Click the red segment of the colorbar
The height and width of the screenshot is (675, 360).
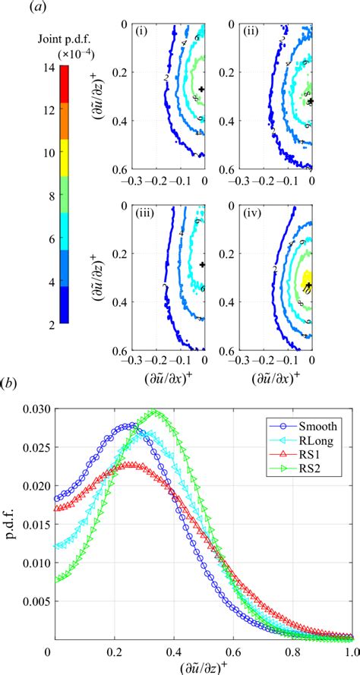click(x=65, y=84)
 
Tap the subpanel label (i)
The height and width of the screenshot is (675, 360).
click(x=140, y=34)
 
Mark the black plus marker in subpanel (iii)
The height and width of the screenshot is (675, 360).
click(x=202, y=264)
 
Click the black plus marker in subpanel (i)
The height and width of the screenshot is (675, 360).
click(x=202, y=89)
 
